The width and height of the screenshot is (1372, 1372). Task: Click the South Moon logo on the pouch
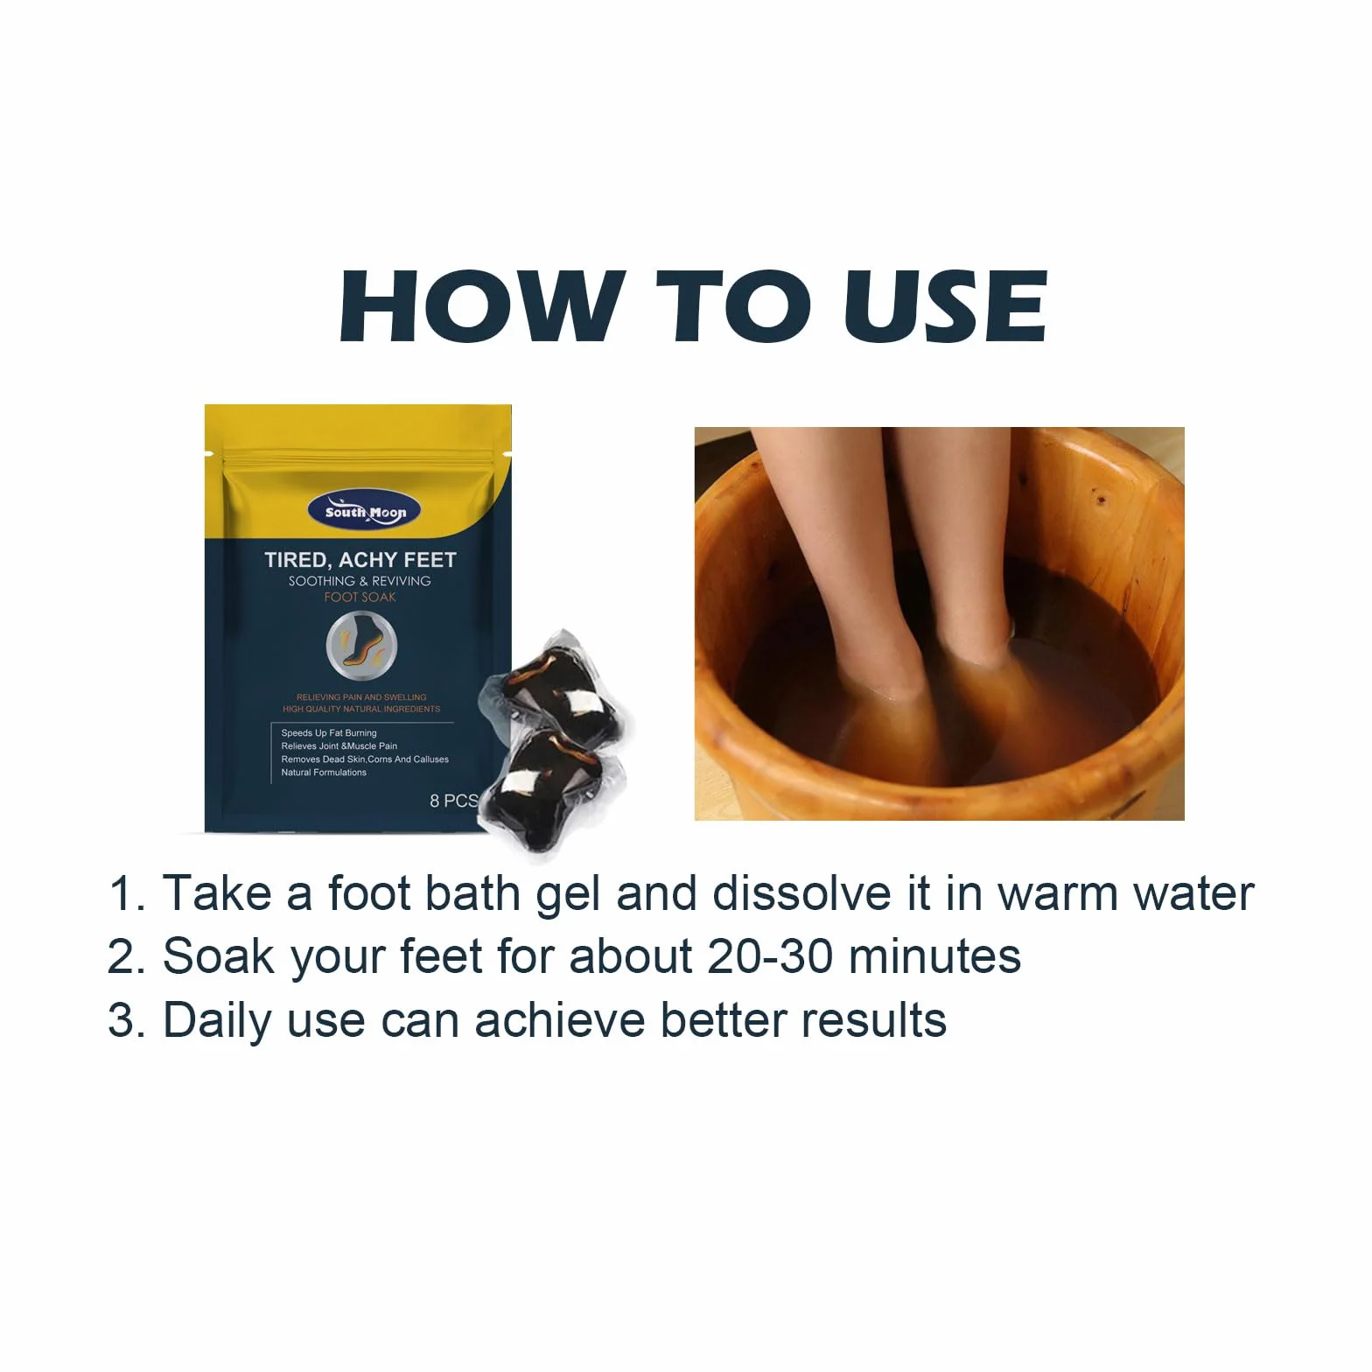coord(365,512)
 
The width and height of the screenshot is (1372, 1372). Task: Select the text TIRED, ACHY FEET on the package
coord(360,560)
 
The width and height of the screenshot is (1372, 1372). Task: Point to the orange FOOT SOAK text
coord(360,598)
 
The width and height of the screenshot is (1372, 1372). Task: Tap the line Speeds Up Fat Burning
coord(329,733)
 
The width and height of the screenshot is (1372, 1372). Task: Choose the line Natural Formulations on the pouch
coord(324,773)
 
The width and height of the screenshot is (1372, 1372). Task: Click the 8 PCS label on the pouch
coord(454,801)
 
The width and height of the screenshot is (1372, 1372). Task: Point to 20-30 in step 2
coord(770,957)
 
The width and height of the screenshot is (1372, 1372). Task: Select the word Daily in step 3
coord(217,1022)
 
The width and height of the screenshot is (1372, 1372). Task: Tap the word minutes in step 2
coord(934,957)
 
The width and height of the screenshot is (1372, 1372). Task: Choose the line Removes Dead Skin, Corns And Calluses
coord(365,759)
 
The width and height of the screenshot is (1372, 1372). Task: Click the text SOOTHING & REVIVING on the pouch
coord(360,581)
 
